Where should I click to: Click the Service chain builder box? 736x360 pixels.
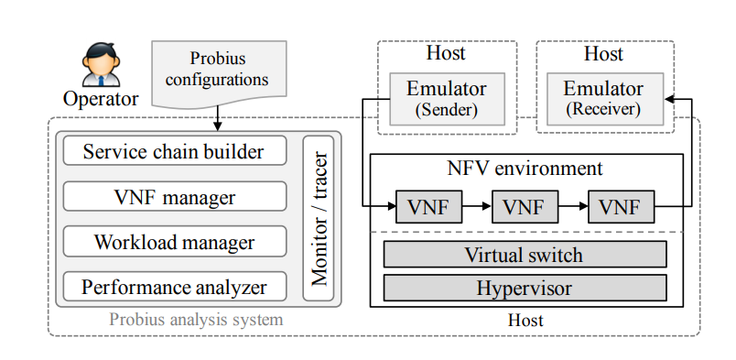175,151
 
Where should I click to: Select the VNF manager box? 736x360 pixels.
175,196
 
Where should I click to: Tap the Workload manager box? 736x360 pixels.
175,241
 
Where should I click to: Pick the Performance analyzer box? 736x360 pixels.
175,286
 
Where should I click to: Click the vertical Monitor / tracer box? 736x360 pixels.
319,219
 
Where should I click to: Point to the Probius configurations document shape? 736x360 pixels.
219,74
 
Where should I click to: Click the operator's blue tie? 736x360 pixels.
101,81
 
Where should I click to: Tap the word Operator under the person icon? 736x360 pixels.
101,99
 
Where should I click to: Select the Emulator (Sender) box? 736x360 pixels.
447,99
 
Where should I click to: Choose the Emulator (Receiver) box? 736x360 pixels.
605,99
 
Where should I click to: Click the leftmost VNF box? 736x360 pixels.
429,206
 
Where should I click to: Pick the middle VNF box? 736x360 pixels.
525,206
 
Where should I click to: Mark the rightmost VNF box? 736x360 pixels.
621,206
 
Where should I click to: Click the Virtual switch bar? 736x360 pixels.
525,255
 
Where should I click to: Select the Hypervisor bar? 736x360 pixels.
525,288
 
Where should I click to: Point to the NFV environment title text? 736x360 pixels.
525,169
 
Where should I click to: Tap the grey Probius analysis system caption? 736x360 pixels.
196,320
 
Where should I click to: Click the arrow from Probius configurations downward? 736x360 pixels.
217,118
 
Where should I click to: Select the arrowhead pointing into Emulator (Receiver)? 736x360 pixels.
669,99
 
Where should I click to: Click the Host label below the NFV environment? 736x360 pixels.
525,320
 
